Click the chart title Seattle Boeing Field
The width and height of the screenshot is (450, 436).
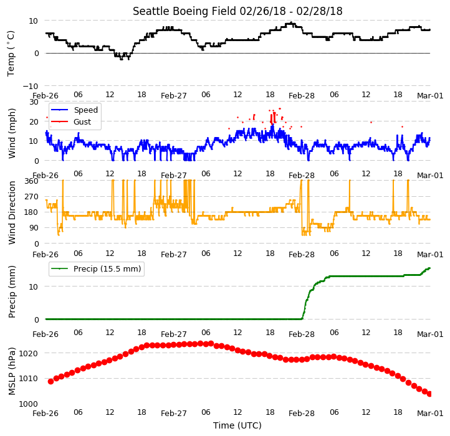pyautogui.click(x=184, y=11)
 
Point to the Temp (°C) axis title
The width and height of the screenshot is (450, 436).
pyautogui.click(x=11, y=54)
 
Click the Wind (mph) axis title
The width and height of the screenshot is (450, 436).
pyautogui.click(x=11, y=133)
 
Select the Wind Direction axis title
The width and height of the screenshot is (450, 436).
pyautogui.click(x=11, y=212)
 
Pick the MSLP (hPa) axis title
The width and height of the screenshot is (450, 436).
pyautogui.click(x=11, y=371)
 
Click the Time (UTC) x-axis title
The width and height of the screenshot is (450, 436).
pyautogui.click(x=237, y=425)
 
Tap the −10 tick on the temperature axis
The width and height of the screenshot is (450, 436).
pyautogui.click(x=31, y=86)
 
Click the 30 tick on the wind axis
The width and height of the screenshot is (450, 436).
pyautogui.click(x=34, y=102)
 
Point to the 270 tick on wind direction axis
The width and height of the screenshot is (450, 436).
pyautogui.click(x=32, y=197)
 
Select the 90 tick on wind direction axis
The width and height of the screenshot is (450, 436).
pyautogui.click(x=34, y=228)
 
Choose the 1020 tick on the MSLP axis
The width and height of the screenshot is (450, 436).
pyautogui.click(x=29, y=353)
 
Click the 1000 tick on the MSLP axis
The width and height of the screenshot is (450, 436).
pyautogui.click(x=29, y=404)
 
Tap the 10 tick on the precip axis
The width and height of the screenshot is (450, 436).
pyautogui.click(x=34, y=287)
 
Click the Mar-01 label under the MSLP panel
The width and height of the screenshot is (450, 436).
pyautogui.click(x=430, y=414)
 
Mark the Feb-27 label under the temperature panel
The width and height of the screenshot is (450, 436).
pyautogui.click(x=174, y=96)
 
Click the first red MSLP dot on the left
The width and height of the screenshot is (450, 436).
pyautogui.click(x=51, y=381)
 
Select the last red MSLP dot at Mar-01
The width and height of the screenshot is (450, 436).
pyautogui.click(x=429, y=394)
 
